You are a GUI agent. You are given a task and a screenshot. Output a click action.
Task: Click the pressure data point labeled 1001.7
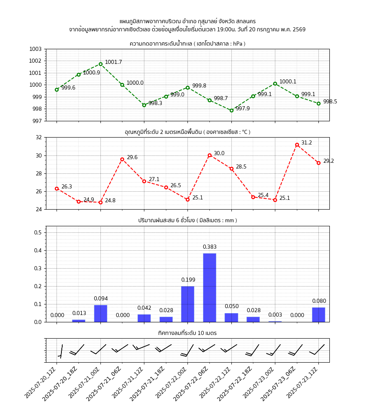click(100, 64)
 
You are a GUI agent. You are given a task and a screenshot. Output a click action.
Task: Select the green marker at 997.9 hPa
click(231, 110)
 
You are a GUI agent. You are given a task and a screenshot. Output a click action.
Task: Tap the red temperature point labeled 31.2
click(297, 144)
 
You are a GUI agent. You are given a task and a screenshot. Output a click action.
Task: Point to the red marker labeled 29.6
click(122, 159)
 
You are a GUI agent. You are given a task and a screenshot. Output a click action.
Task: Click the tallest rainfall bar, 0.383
click(209, 287)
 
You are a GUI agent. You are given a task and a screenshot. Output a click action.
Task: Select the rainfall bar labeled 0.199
click(187, 304)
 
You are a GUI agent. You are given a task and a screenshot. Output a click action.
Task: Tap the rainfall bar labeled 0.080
click(318, 314)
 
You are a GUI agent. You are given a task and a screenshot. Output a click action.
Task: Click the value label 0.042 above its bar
click(144, 308)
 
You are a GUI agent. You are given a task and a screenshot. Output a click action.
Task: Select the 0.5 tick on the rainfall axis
click(39, 232)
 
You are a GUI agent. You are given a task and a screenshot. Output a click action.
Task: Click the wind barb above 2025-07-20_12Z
click(61, 351)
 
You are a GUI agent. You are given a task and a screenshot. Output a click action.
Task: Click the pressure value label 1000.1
click(288, 82)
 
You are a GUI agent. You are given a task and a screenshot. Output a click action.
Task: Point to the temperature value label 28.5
click(241, 167)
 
